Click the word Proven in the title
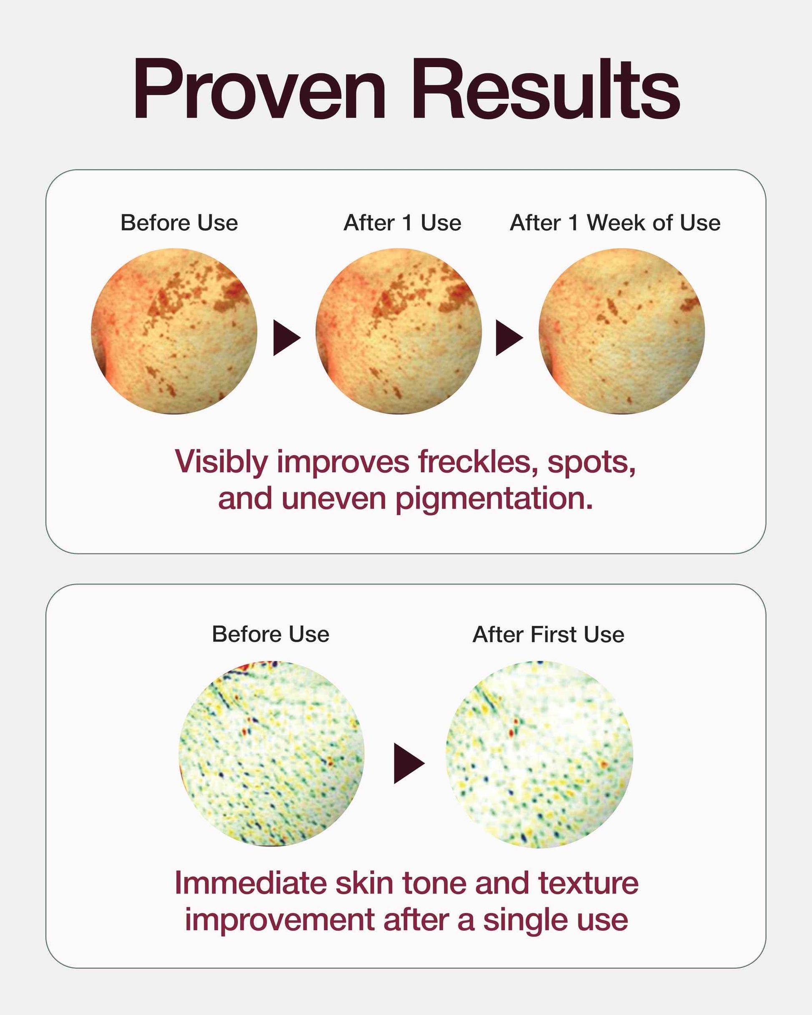pos(260,89)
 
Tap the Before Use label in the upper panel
pos(179,223)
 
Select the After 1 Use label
pos(402,223)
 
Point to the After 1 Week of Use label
pos(615,223)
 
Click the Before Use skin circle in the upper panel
pos(174,331)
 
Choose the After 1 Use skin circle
pos(398,331)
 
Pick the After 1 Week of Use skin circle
pos(622,331)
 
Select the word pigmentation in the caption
pos(494,500)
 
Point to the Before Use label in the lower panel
pos(270,634)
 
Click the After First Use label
pos(548,634)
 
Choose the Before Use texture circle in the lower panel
pos(271,754)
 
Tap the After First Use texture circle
pos(539,754)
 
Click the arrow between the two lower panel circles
pos(409,763)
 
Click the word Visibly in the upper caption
pos(221,463)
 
